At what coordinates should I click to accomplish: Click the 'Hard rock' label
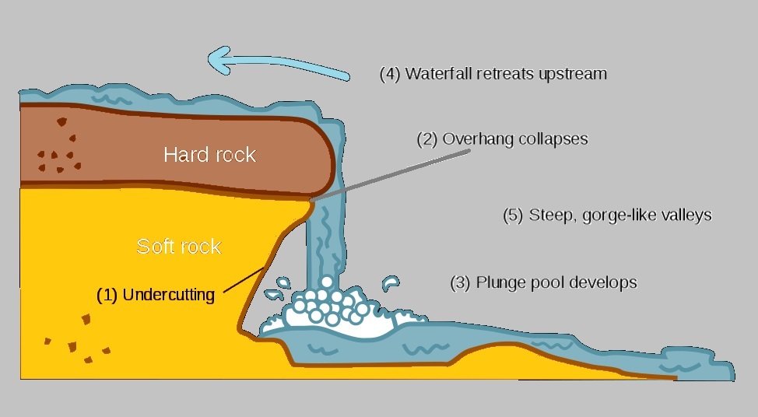tap(209, 155)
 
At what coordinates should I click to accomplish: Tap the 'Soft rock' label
tap(179, 247)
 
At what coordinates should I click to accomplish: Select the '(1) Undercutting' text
tap(155, 295)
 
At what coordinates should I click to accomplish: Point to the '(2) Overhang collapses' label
tap(503, 139)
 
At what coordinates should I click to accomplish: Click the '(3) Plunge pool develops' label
tap(543, 282)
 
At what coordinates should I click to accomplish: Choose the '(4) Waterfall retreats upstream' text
tap(493, 75)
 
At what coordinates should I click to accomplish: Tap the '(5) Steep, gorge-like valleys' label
tap(607, 215)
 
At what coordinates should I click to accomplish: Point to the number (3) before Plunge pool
tap(461, 282)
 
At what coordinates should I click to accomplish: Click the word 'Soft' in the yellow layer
tap(154, 247)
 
